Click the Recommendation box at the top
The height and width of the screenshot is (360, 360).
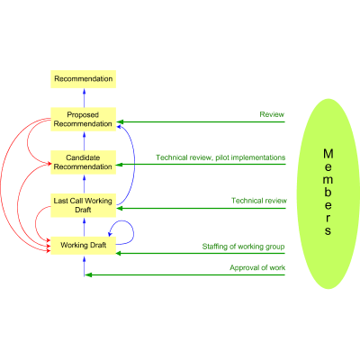(84, 79)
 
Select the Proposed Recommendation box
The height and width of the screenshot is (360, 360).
(84, 119)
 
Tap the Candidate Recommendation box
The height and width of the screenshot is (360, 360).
(84, 163)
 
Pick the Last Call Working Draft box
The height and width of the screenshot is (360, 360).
(84, 205)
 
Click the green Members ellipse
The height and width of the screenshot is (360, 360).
(328, 193)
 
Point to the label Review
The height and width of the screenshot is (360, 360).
(272, 115)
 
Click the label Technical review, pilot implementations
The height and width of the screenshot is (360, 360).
(220, 157)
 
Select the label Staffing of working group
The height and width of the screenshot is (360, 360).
(243, 246)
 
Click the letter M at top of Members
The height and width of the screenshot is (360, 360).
(328, 153)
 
